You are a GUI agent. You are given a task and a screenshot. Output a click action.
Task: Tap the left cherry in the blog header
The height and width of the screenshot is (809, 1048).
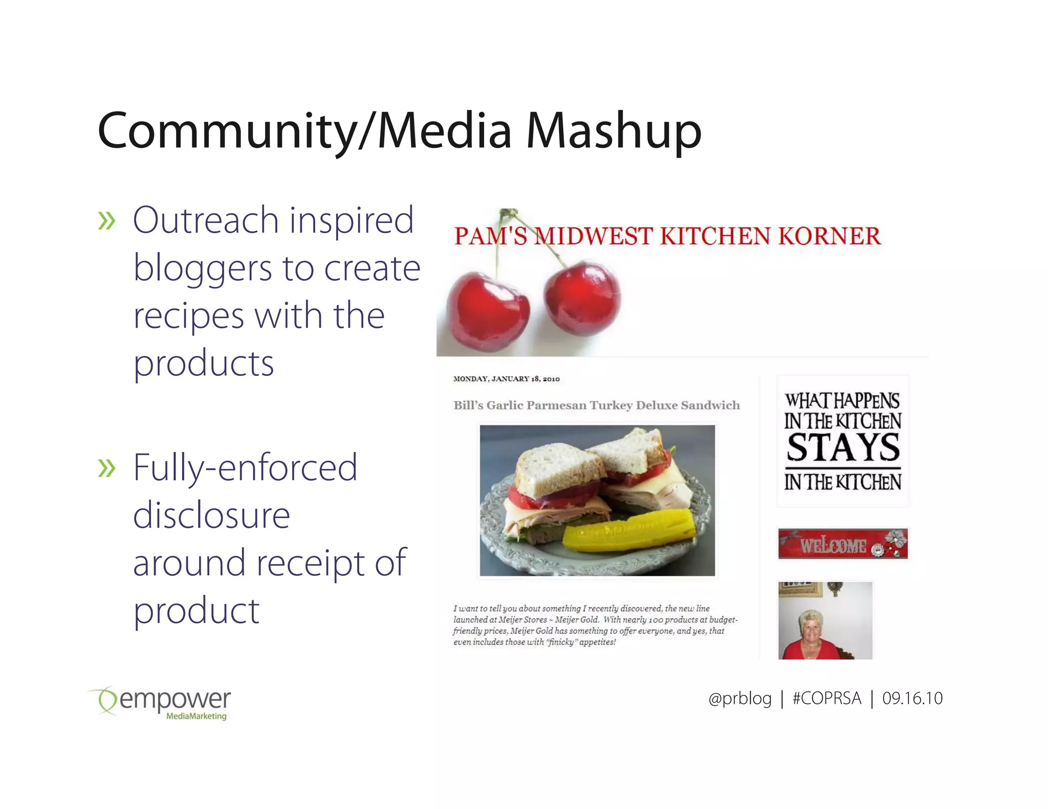click(x=487, y=311)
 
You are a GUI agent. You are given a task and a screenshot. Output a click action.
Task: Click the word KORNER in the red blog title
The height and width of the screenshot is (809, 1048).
click(x=829, y=236)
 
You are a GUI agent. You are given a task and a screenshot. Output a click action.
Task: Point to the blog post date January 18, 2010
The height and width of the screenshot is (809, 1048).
click(x=507, y=379)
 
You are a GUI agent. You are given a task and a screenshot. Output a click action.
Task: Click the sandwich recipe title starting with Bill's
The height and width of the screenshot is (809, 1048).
click(x=596, y=406)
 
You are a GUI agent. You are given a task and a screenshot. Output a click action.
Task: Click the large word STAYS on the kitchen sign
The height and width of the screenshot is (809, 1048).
click(x=843, y=448)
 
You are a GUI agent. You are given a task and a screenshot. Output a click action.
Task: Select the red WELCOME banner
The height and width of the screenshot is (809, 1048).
click(x=842, y=544)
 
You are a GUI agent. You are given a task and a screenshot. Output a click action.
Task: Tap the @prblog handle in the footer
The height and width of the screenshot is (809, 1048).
click(x=739, y=699)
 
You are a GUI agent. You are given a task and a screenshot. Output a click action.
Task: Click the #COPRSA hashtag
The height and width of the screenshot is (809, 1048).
click(x=826, y=699)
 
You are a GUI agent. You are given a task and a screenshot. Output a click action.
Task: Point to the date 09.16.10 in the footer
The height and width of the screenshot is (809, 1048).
click(x=912, y=699)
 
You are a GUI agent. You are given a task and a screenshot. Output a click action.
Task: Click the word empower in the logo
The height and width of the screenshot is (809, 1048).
click(x=175, y=700)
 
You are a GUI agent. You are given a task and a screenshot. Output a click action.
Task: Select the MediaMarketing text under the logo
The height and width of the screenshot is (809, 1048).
click(x=196, y=716)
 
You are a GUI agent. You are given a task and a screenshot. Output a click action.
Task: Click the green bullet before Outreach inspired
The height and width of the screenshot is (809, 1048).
click(x=106, y=221)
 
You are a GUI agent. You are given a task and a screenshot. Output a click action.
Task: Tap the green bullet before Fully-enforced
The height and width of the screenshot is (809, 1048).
click(x=106, y=468)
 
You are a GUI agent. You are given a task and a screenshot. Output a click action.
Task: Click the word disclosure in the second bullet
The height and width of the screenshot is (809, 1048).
click(x=211, y=515)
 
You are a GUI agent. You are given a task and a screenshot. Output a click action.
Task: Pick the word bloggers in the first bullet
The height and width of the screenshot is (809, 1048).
click(x=203, y=269)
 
